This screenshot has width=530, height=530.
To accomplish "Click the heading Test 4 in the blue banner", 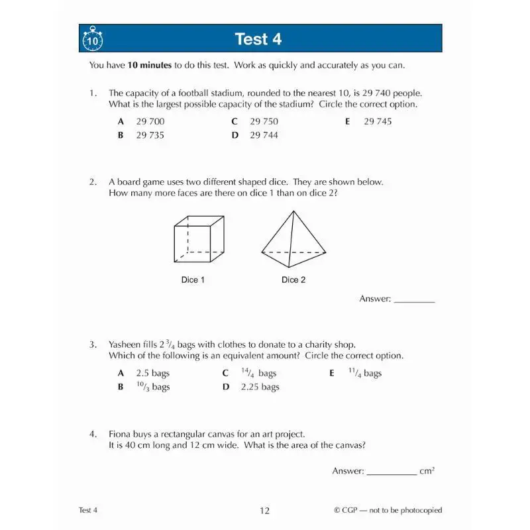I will click(258, 39).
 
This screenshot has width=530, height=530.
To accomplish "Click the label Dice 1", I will click(193, 280).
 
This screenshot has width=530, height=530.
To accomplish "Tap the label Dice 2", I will click(293, 280).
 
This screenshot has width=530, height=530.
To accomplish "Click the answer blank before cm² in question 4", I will click(391, 472).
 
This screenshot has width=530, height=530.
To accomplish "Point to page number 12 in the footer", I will click(265, 510).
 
